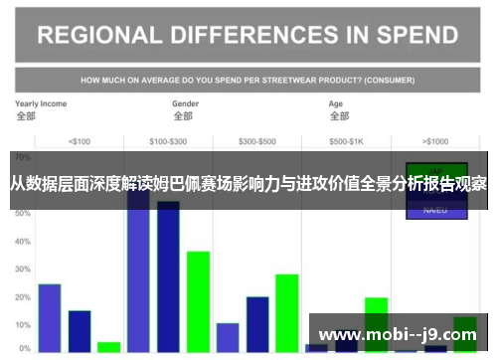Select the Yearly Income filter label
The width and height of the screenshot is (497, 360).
tap(41, 103)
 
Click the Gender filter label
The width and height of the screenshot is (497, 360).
tap(186, 103)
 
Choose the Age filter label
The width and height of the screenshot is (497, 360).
tap(337, 103)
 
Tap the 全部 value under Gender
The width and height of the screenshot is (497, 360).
tap(182, 115)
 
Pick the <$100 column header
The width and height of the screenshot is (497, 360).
tap(79, 139)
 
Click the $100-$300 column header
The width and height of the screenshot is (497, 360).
tap(168, 139)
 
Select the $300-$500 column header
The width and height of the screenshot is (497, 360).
tap(257, 139)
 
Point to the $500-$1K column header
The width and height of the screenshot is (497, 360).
tap(347, 139)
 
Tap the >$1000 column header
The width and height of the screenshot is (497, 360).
tap(435, 139)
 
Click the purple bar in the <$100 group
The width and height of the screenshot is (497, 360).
tap(50, 317)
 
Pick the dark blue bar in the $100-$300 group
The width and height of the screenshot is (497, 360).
tap(168, 278)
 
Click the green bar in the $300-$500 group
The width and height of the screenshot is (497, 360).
tap(287, 312)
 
